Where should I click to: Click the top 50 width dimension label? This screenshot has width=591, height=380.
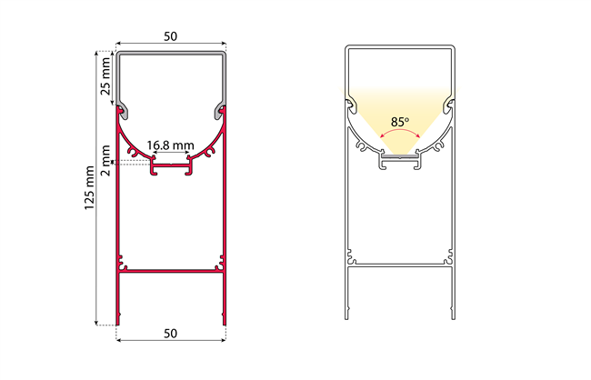pyautogui.click(x=170, y=36)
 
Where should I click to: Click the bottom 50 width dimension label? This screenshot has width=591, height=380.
pyautogui.click(x=170, y=334)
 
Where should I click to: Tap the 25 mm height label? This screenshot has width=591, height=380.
pyautogui.click(x=105, y=76)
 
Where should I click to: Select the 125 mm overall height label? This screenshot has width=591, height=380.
pyautogui.click(x=89, y=188)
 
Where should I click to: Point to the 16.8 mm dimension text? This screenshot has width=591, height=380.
pyautogui.click(x=170, y=145)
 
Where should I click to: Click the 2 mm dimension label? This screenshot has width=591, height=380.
pyautogui.click(x=105, y=161)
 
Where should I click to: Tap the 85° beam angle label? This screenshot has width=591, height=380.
pyautogui.click(x=400, y=122)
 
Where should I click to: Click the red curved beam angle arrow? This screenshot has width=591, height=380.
pyautogui.click(x=400, y=130)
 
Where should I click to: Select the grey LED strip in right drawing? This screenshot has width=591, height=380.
pyautogui.click(x=400, y=155)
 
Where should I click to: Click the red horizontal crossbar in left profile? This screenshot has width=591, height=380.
pyautogui.click(x=171, y=271)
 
